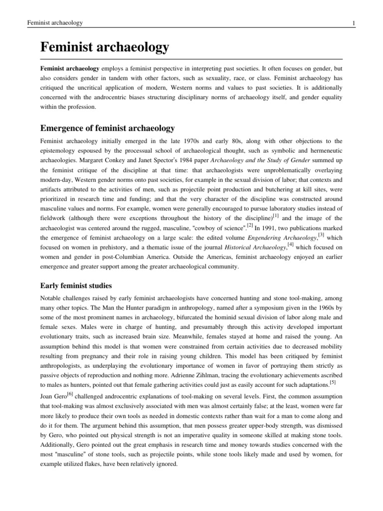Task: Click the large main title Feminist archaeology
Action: coord(105,48)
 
